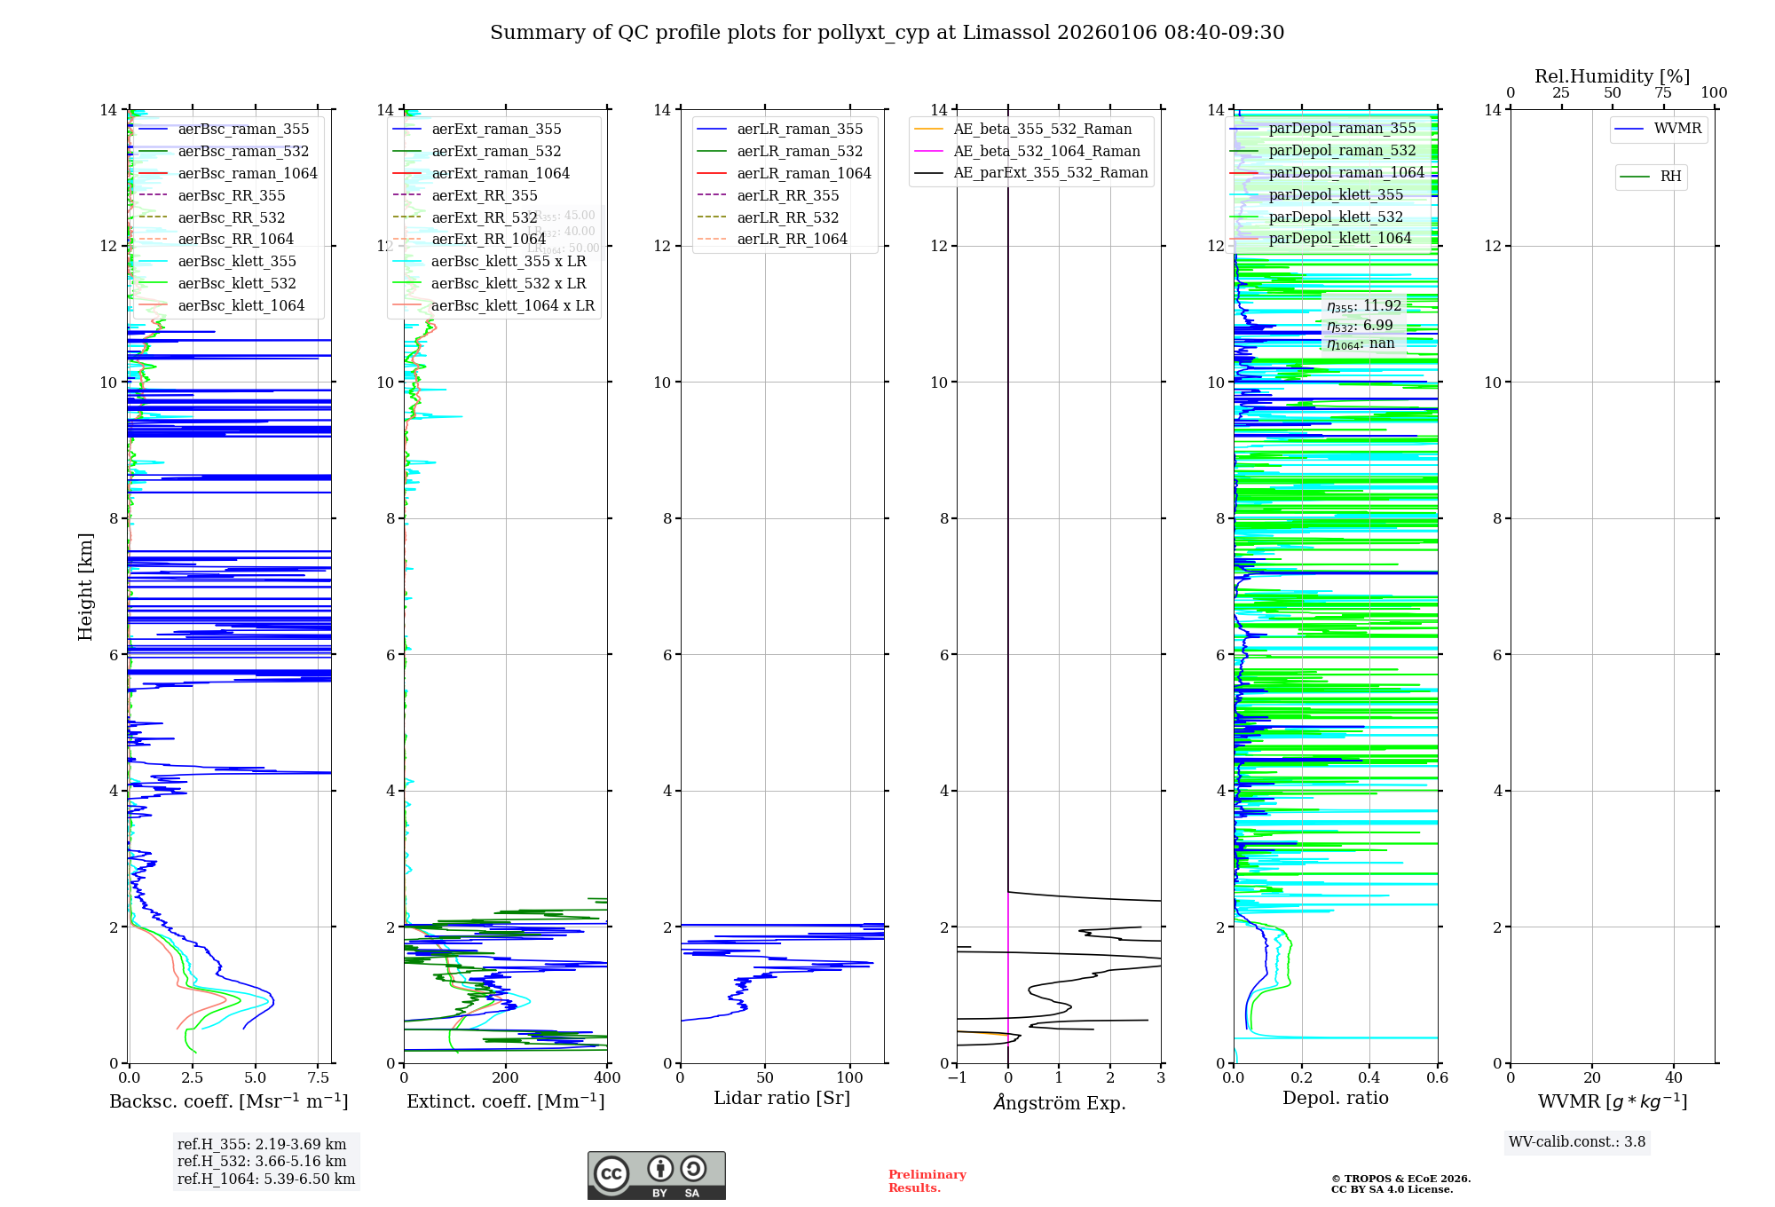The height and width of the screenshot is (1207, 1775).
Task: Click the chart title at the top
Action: click(887, 33)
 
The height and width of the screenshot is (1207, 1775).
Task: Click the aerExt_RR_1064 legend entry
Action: click(488, 240)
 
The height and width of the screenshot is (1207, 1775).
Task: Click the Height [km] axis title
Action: click(85, 587)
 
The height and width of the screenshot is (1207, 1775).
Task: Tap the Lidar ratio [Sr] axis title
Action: click(781, 1099)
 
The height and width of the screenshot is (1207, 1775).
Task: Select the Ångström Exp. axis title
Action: click(1059, 1103)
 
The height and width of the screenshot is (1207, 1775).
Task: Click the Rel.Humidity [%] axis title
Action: click(1612, 76)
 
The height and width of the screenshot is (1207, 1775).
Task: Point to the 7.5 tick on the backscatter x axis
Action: click(318, 1078)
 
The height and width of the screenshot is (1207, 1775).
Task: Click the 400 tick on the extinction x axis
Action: click(607, 1078)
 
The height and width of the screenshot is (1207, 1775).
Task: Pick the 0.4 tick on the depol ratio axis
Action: click(1369, 1078)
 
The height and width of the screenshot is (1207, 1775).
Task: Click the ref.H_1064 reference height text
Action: click(265, 1179)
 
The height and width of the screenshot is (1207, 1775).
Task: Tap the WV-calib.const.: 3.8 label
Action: click(1576, 1142)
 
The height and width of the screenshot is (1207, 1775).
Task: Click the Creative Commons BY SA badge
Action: click(656, 1176)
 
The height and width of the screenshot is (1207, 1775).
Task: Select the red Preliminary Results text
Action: click(927, 1181)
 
